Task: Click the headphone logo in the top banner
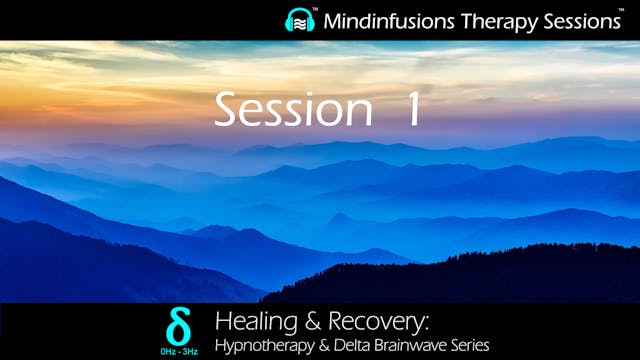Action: [x=300, y=20]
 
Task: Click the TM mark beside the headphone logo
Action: [x=316, y=10]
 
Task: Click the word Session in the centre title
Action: [x=287, y=109]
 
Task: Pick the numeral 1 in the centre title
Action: [x=409, y=109]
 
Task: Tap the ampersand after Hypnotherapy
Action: [x=318, y=345]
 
